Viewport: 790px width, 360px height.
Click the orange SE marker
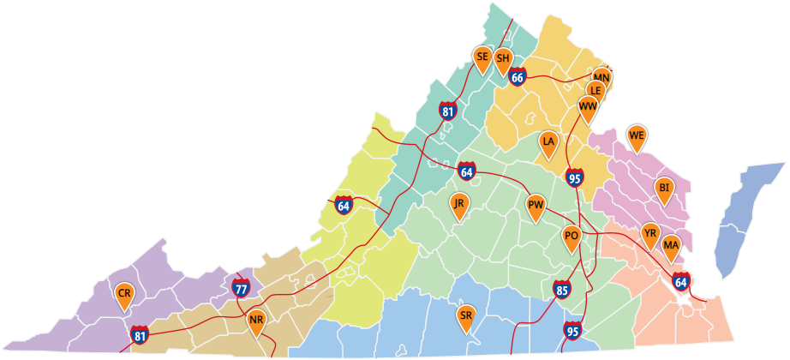(x=482, y=57)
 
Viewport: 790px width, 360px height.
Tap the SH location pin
(x=503, y=58)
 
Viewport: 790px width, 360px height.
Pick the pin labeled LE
(x=595, y=90)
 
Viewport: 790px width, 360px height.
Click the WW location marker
(x=588, y=106)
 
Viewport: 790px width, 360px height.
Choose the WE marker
(x=636, y=135)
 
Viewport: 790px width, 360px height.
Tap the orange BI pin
(x=663, y=188)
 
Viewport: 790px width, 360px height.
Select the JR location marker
(x=459, y=204)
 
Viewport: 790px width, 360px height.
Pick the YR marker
(x=650, y=232)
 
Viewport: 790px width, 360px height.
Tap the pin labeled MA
(x=671, y=246)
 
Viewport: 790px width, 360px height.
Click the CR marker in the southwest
(x=125, y=294)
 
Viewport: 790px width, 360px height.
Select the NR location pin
(x=256, y=322)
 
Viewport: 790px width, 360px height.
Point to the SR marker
(x=466, y=316)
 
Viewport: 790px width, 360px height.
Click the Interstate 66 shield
(x=517, y=77)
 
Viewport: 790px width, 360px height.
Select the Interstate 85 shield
(x=562, y=290)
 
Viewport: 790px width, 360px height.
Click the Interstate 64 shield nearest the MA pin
(x=681, y=280)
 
